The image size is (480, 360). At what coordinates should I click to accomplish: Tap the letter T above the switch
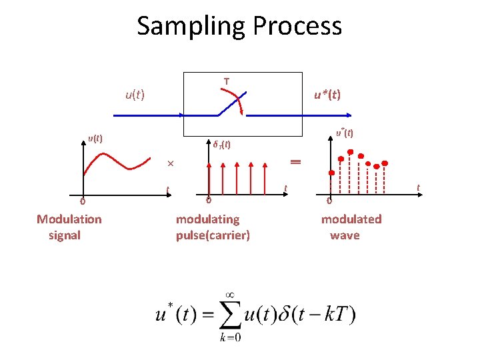227,81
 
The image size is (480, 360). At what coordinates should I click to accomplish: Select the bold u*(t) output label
327,95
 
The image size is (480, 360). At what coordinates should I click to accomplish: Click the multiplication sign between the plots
171,164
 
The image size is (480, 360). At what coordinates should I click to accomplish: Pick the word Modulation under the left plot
69,219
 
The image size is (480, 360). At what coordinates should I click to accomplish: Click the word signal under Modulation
65,235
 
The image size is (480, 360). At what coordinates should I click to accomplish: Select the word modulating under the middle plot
207,219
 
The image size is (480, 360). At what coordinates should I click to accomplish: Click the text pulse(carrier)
213,235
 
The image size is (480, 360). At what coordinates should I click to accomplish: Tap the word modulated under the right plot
351,219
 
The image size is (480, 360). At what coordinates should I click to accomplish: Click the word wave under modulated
345,235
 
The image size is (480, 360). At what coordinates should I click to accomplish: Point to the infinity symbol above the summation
229,293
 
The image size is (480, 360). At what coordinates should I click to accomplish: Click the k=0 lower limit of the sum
230,337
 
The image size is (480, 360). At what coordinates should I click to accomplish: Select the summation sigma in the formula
230,315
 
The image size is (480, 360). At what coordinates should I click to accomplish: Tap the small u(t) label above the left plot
95,139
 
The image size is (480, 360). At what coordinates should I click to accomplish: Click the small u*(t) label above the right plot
345,133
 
